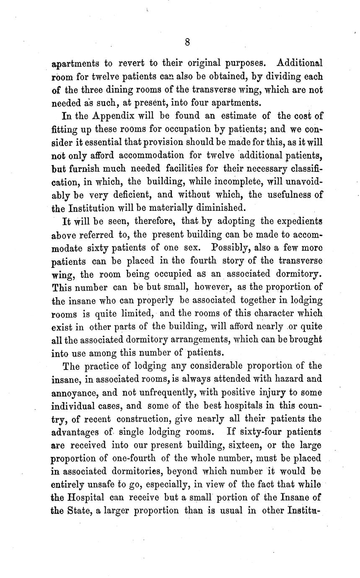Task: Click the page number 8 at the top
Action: pyautogui.click(x=187, y=42)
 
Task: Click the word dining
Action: pyautogui.click(x=138, y=90)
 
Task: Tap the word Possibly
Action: pyautogui.click(x=231, y=247)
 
